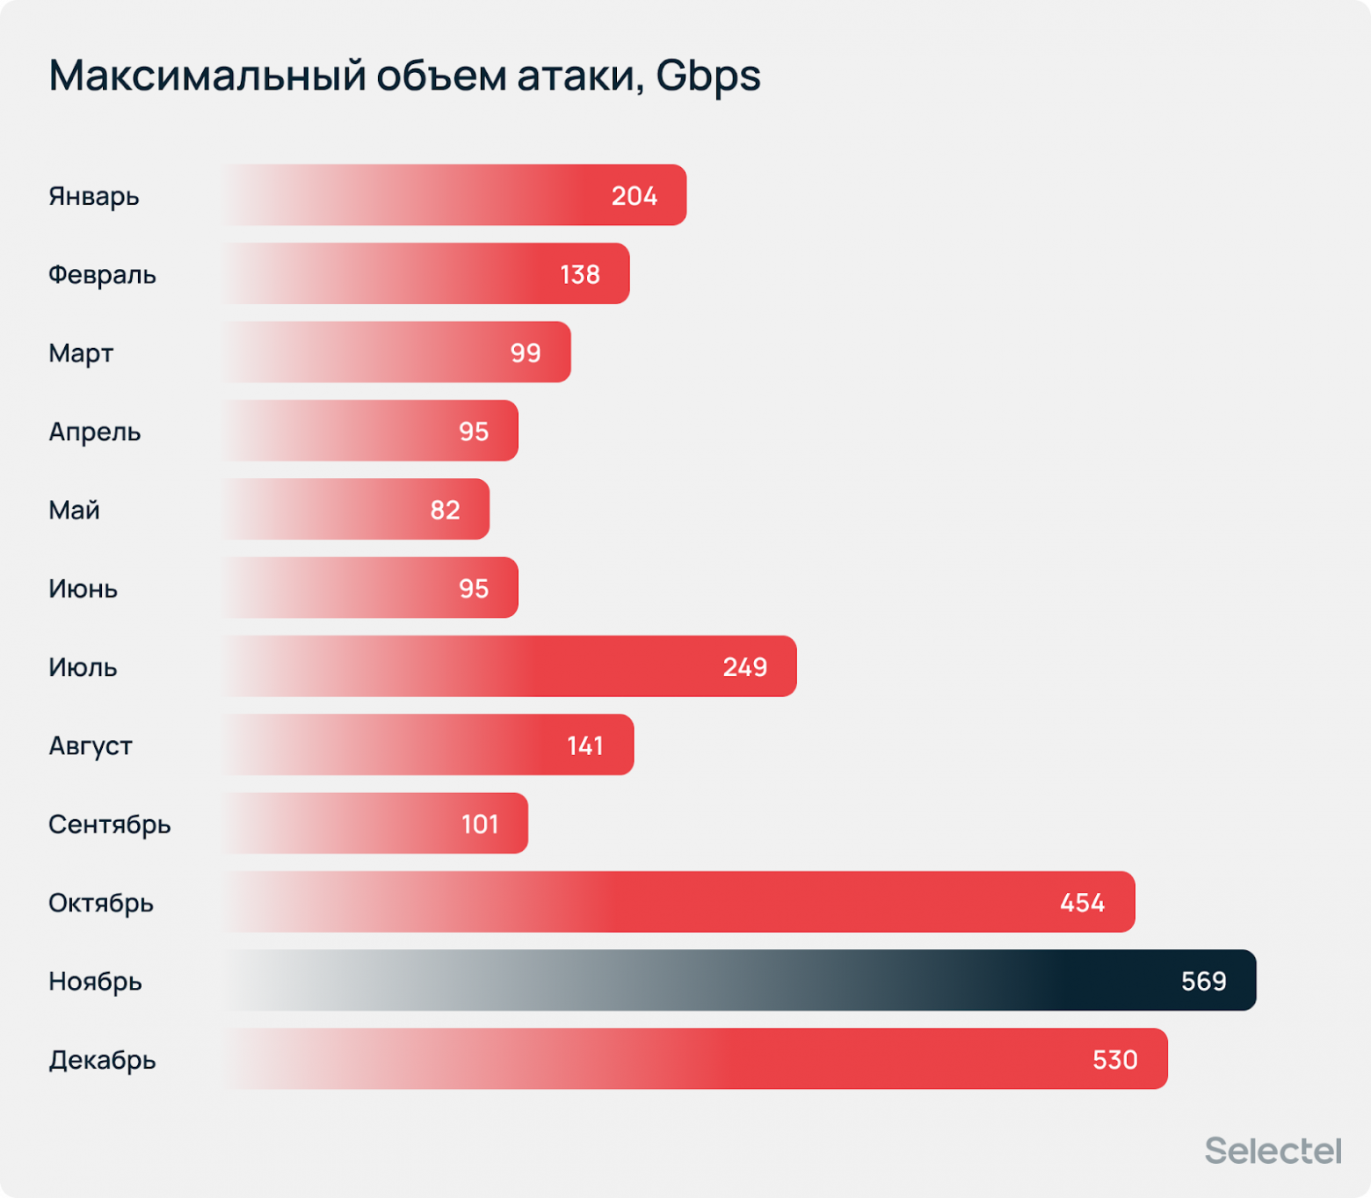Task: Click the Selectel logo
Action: (x=1272, y=1151)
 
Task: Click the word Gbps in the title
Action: (x=707, y=76)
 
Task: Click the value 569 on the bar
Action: (x=1203, y=981)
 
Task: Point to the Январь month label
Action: (x=94, y=196)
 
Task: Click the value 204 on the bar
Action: (x=634, y=196)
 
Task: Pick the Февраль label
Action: (x=102, y=274)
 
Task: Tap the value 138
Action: (x=580, y=274)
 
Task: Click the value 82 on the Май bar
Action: (x=445, y=510)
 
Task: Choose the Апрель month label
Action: (x=95, y=432)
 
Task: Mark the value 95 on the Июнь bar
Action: (x=474, y=588)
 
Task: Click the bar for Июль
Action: (x=510, y=666)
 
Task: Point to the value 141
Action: (x=585, y=745)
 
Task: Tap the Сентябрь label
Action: (x=110, y=824)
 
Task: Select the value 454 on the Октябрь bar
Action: (x=1082, y=903)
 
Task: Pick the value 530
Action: (x=1114, y=1060)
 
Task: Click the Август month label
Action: (x=91, y=745)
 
